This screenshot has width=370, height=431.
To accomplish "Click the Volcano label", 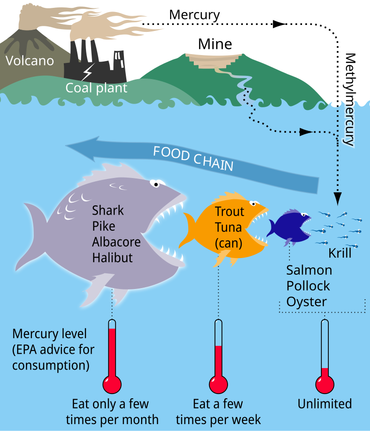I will tap(30, 61).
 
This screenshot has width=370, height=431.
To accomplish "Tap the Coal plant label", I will tap(96, 87).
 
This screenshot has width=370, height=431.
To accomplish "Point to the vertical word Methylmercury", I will tap(350, 99).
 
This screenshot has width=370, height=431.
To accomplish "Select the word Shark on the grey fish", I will tap(108, 210).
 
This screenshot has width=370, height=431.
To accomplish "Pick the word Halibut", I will tap(112, 258).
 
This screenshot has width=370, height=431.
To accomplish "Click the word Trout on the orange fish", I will tap(229, 212).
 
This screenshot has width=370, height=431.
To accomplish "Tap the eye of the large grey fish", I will tap(156, 184).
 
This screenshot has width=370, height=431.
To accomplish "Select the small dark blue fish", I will tap(290, 227).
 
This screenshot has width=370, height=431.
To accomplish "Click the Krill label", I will tap(340, 253).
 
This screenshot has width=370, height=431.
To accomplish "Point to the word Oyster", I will tap(307, 302).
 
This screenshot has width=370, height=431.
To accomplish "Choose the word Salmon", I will tap(309, 270).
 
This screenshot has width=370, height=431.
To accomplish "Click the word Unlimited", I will tap(325, 404).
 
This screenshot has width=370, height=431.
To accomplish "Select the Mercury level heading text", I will tap(49, 333).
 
